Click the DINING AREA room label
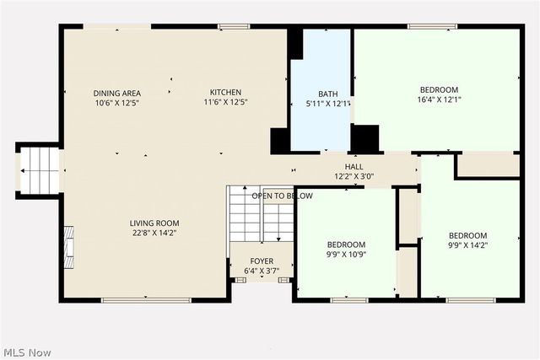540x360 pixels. point(116,93)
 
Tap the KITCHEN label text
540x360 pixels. point(225,93)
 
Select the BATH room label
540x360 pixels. point(327,94)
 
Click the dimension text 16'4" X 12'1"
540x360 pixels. point(439,100)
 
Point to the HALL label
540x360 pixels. point(354,167)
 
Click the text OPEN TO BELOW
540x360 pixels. point(282,196)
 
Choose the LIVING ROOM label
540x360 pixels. point(154,223)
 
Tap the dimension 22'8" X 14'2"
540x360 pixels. point(154,233)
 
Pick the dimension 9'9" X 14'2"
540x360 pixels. point(467,246)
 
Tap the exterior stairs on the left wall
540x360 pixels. point(39,170)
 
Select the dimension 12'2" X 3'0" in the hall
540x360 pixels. point(354,177)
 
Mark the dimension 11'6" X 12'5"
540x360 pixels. point(225,103)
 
